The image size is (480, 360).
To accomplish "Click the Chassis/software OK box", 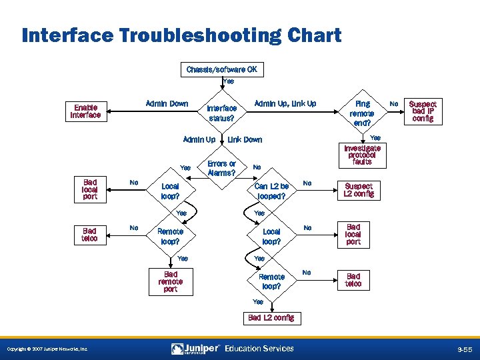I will point(221,69).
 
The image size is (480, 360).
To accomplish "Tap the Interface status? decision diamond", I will point(221,113).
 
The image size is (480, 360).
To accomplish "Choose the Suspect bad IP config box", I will point(423,111).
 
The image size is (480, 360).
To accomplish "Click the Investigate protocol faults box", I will point(362,155).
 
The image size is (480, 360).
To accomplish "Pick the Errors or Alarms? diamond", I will point(221,168).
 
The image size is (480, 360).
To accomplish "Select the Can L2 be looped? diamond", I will point(271,191).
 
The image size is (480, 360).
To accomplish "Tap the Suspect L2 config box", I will point(358,190).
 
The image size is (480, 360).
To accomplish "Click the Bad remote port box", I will point(170,281).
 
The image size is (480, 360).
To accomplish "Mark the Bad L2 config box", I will point(271,318).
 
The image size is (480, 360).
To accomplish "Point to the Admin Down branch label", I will point(167,103).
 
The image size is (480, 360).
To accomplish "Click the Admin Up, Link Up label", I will point(285,103).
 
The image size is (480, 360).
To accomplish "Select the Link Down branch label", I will point(245,140).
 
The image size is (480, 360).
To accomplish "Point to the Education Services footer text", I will point(259,349).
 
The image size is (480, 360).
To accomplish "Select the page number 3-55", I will point(464,349).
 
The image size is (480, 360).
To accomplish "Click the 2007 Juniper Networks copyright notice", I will point(46,349).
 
